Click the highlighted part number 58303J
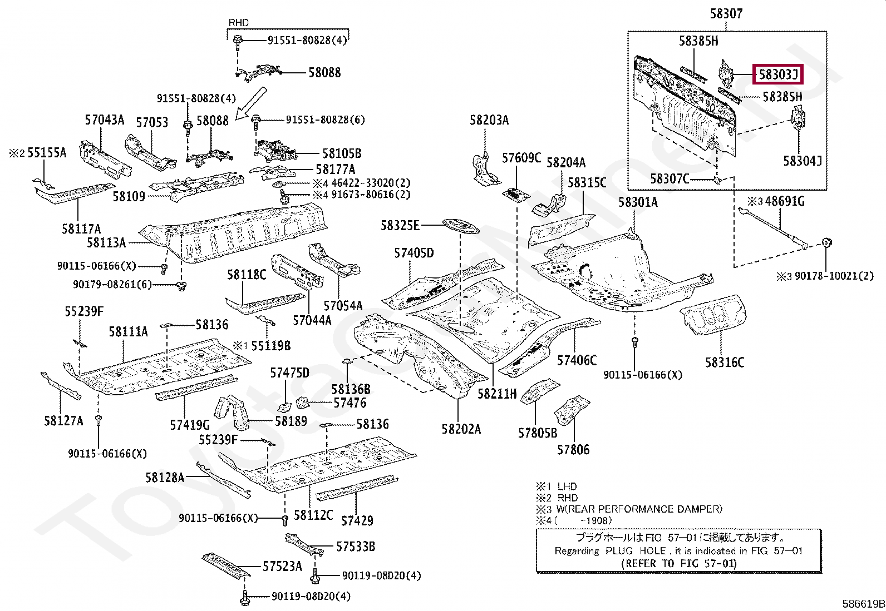pyautogui.click(x=777, y=74)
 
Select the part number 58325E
pyautogui.click(x=400, y=225)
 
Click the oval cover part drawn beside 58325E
pyautogui.click(x=460, y=226)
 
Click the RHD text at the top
pyautogui.click(x=239, y=23)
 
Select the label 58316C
pyautogui.click(x=724, y=362)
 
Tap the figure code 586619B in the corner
pyautogui.click(x=863, y=604)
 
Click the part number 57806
pyautogui.click(x=573, y=449)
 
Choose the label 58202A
pyautogui.click(x=461, y=429)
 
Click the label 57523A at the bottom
pyautogui.click(x=282, y=567)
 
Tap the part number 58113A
pyautogui.click(x=106, y=242)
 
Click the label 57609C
pyautogui.click(x=521, y=158)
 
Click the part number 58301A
pyautogui.click(x=637, y=202)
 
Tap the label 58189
pyautogui.click(x=291, y=421)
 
